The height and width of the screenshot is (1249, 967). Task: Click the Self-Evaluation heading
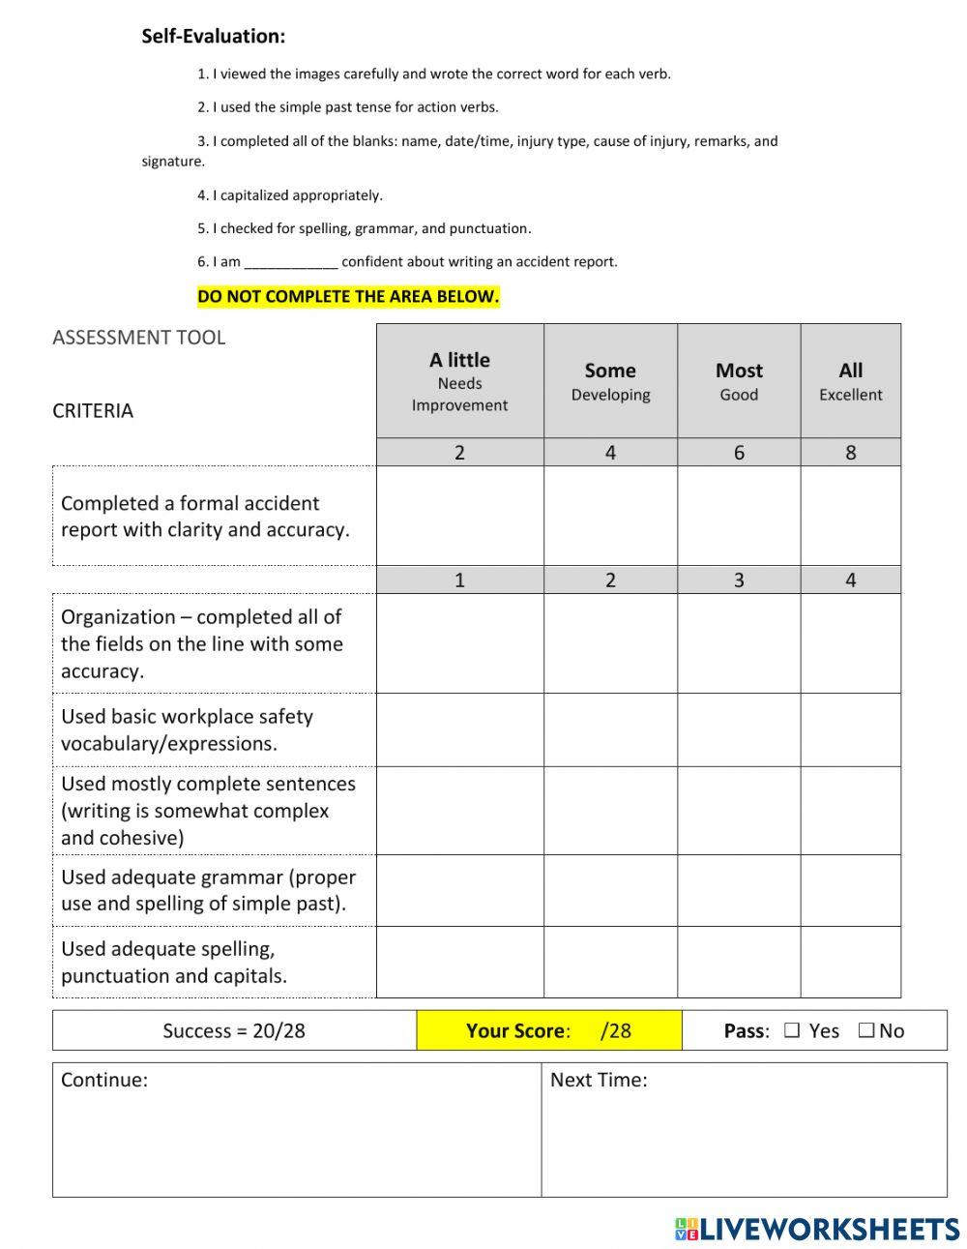213,37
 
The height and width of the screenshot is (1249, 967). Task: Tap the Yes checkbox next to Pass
792,1031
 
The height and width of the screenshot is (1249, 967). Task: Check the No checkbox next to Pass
865,1031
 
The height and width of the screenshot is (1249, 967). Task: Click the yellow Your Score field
548,1031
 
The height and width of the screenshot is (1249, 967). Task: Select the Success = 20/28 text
234,1031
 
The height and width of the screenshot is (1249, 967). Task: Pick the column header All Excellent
850,380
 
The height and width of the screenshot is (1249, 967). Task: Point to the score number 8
850,453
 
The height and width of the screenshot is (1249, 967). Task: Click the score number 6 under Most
739,453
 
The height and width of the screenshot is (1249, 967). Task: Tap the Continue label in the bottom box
104,1080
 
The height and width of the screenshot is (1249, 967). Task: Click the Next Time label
599,1080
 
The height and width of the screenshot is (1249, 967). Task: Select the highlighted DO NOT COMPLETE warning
348,297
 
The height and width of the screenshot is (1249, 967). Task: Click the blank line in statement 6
290,262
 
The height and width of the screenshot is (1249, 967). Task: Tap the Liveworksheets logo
817,1229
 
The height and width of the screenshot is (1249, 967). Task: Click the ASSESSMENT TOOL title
138,338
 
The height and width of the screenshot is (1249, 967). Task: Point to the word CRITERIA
93,411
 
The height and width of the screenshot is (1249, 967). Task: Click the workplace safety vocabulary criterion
187,730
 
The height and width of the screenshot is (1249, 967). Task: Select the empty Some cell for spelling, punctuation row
610,962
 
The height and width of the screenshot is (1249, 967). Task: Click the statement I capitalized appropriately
290,195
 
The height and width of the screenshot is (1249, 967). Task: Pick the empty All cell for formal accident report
850,516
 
